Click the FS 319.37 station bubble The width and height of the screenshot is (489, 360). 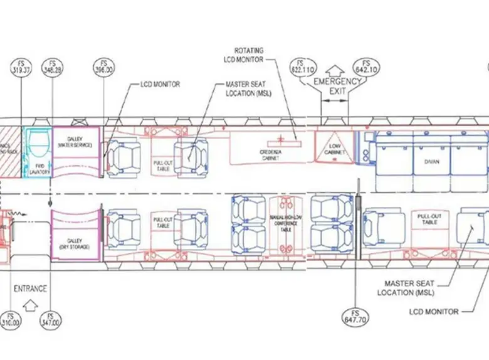click(x=21, y=67)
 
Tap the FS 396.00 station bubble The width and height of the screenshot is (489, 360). click(x=105, y=67)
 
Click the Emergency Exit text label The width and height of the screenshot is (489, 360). click(x=337, y=86)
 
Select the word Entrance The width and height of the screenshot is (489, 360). click(x=30, y=289)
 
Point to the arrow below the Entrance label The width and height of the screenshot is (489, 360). click(x=28, y=307)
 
